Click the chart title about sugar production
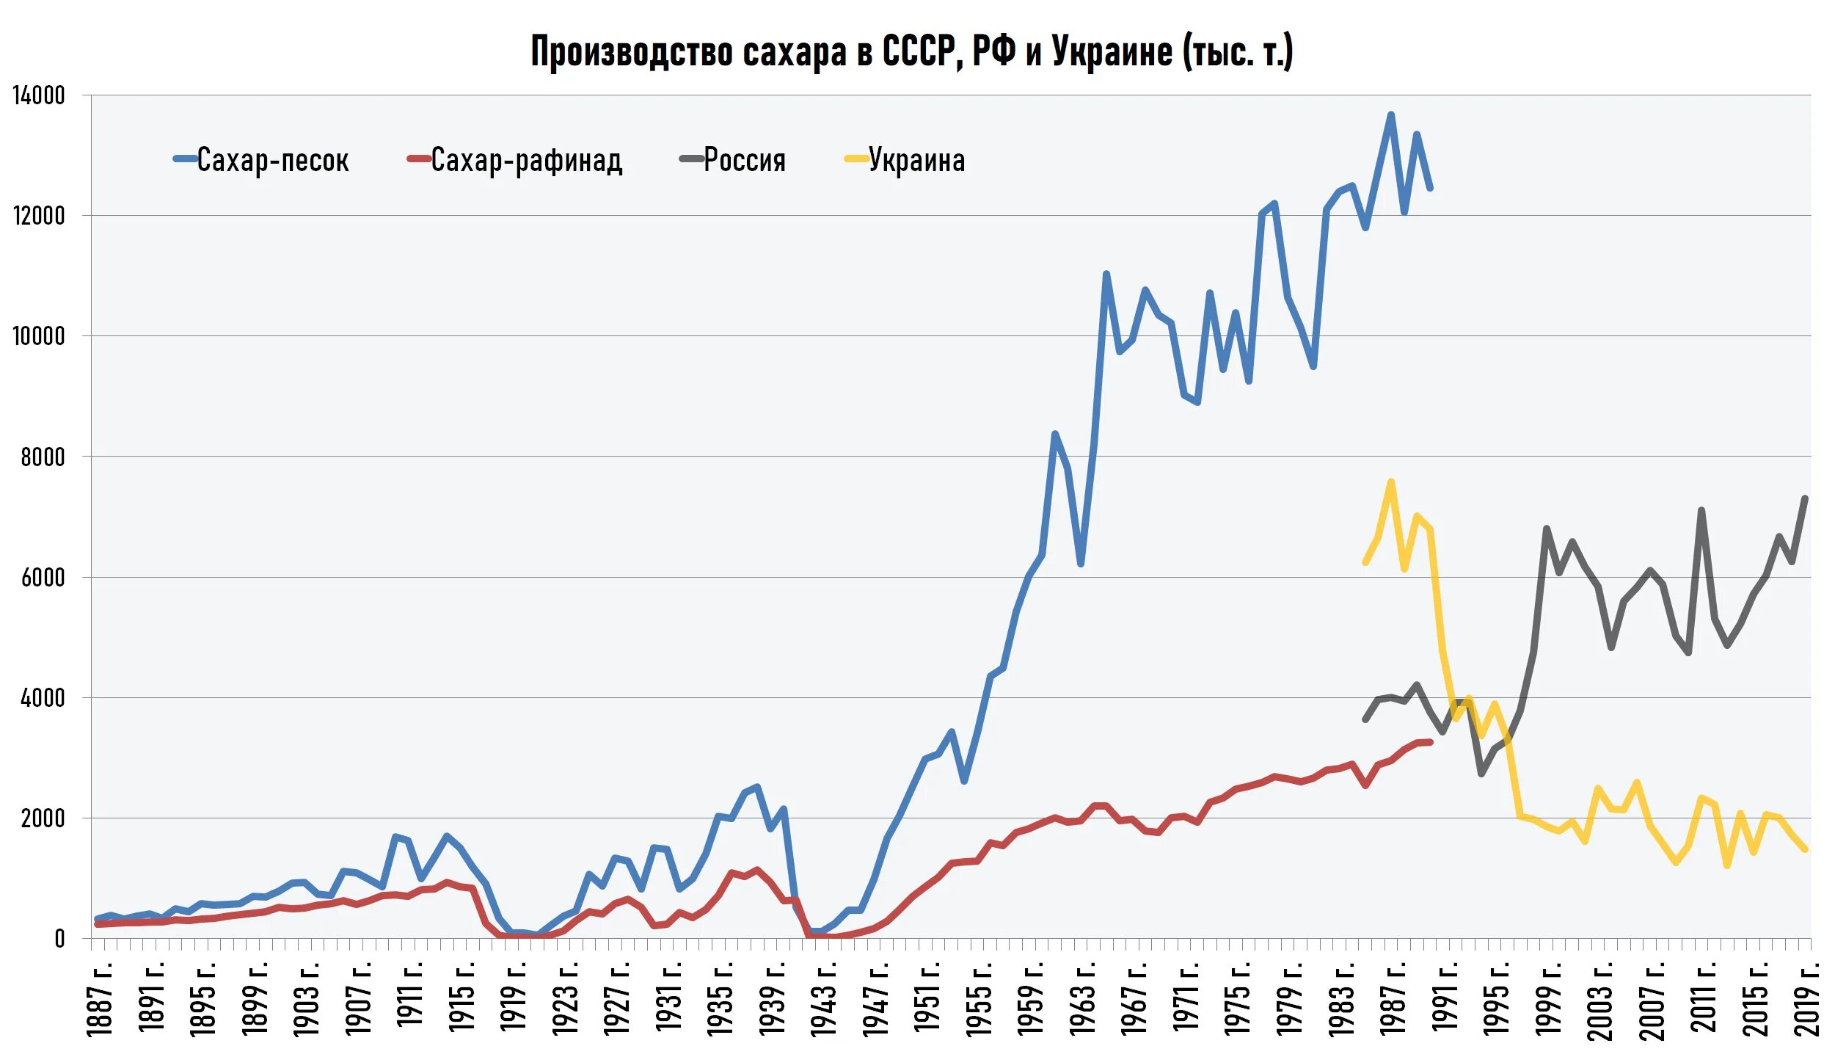coord(911,51)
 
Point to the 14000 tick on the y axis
coord(39,95)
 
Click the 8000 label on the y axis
coord(43,457)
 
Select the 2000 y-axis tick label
coord(43,818)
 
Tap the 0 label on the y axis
coord(59,938)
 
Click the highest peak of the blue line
coord(1391,115)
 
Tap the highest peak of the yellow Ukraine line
coord(1391,482)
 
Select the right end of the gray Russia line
coord(1805,498)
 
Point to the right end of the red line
coord(1430,742)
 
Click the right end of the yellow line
coord(1805,849)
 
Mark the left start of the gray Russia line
coord(1365,719)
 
